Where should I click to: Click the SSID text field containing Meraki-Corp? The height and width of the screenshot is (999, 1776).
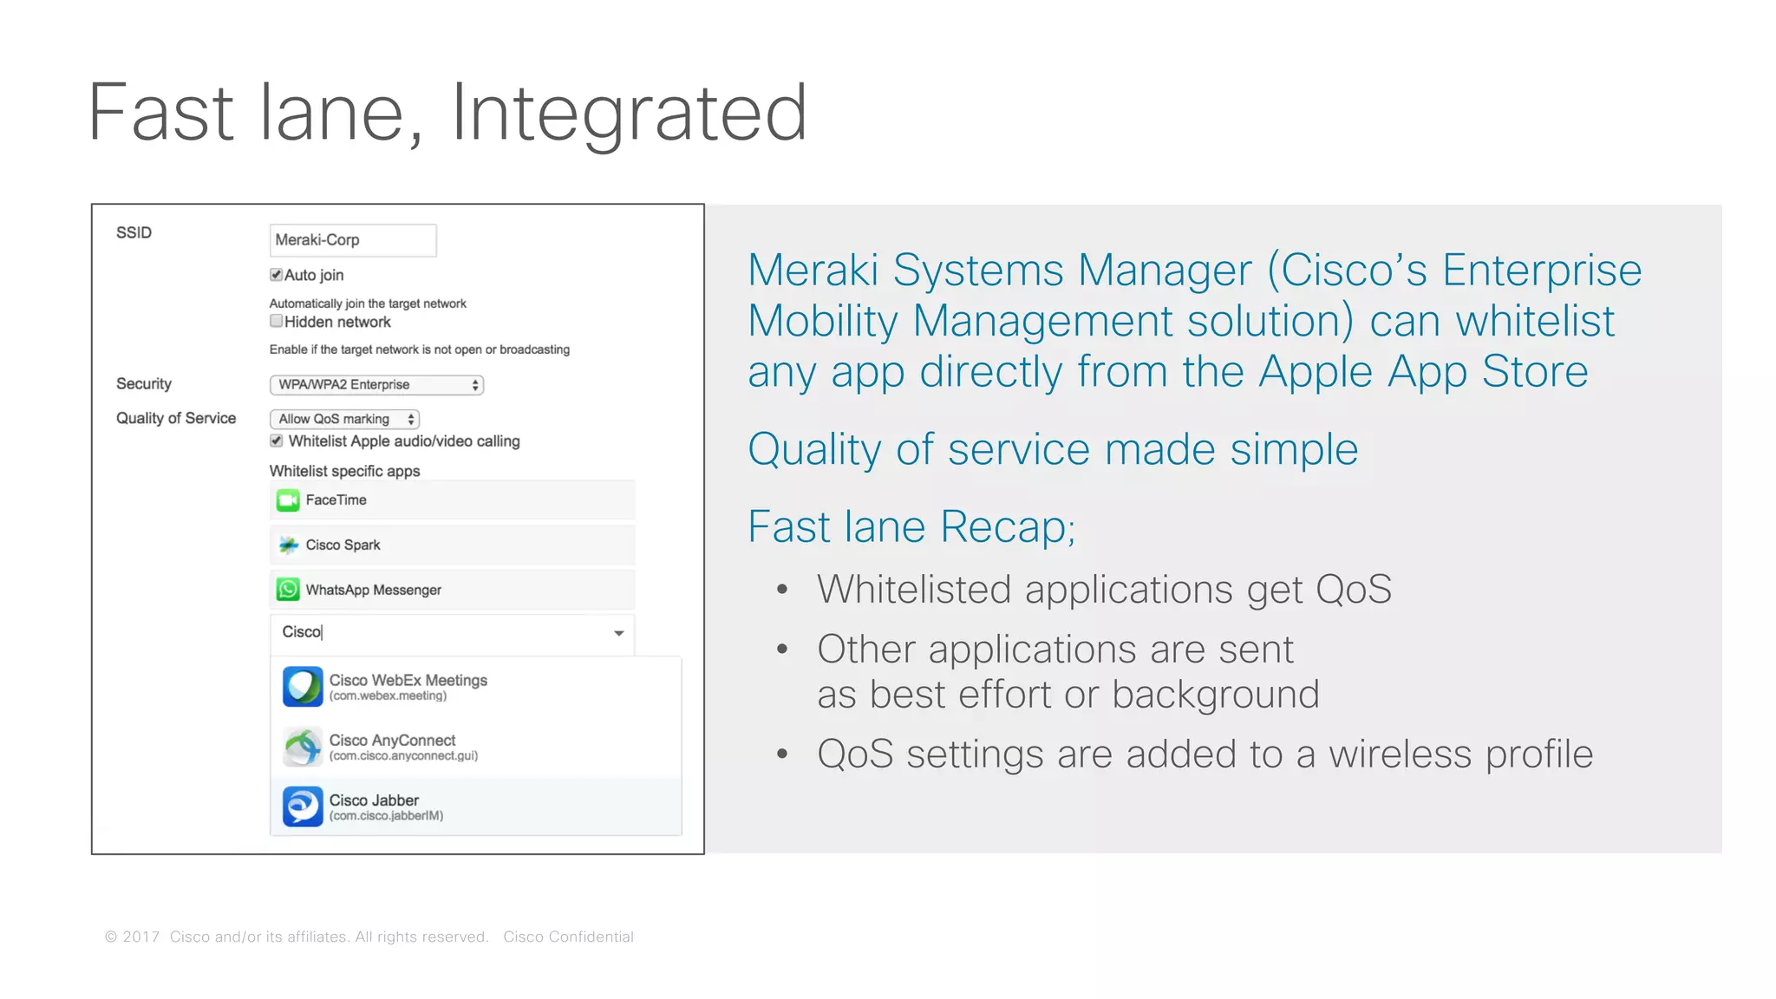pyautogui.click(x=352, y=240)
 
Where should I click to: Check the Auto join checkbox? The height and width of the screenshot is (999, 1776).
pyautogui.click(x=276, y=275)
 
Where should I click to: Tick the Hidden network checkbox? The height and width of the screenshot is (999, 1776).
pyautogui.click(x=276, y=321)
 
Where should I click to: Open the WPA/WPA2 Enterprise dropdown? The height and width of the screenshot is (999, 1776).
pyautogui.click(x=376, y=384)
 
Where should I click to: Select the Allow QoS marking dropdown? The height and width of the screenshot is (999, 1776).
pyautogui.click(x=344, y=419)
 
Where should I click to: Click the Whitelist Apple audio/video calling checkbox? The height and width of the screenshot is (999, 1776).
pyautogui.click(x=276, y=441)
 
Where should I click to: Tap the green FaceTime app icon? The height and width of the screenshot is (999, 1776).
pyautogui.click(x=288, y=500)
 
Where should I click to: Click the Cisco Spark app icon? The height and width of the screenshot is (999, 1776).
pyautogui.click(x=288, y=545)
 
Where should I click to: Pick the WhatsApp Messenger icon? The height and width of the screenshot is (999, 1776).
pyautogui.click(x=288, y=590)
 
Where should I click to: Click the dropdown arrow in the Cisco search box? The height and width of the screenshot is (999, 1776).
pyautogui.click(x=618, y=633)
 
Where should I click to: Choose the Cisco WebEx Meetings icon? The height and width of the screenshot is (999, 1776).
pyautogui.click(x=303, y=687)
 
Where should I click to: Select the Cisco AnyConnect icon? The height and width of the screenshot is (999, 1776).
pyautogui.click(x=303, y=747)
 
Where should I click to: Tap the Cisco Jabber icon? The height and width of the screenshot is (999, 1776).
pyautogui.click(x=303, y=806)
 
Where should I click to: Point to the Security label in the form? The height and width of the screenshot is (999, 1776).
pyautogui.click(x=144, y=383)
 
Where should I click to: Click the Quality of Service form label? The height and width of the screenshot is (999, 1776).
pyautogui.click(x=176, y=418)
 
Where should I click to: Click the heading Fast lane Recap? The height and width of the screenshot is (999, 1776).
pyautogui.click(x=911, y=526)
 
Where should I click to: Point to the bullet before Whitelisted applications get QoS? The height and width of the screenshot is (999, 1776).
pyautogui.click(x=782, y=590)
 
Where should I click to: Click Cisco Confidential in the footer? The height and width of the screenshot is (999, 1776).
pyautogui.click(x=568, y=937)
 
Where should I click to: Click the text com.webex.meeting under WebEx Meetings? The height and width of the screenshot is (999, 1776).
pyautogui.click(x=388, y=696)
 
